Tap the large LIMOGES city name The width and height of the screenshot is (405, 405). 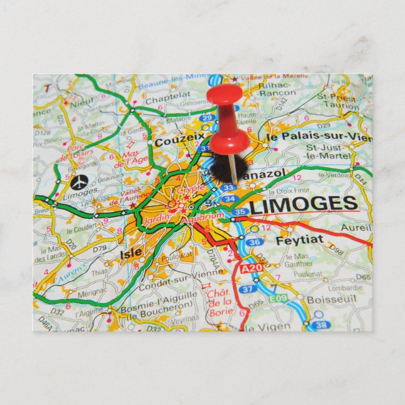303,204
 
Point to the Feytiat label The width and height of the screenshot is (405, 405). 299,240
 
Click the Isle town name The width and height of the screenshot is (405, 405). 130,253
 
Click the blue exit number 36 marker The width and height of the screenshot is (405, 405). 253,242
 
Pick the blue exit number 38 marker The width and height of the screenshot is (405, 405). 321,325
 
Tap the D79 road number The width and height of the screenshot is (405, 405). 101,251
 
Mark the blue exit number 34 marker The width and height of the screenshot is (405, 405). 230,199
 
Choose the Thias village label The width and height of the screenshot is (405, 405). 99,273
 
